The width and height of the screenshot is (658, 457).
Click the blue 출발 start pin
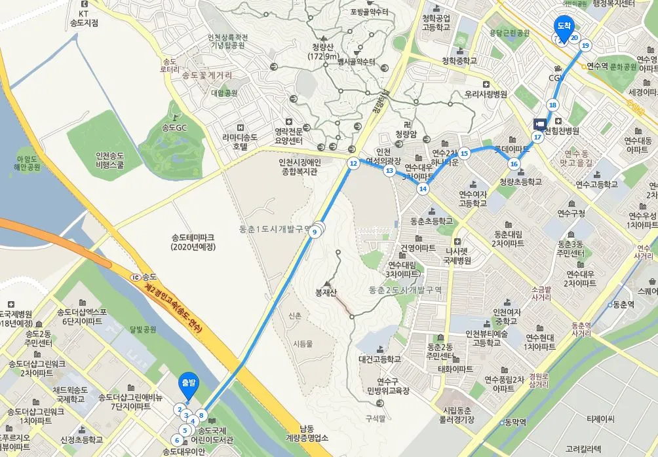[188, 384]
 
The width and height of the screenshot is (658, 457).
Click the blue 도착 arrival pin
[564, 27]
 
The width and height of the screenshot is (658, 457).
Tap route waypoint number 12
[353, 164]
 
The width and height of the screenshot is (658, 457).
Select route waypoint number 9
[315, 231]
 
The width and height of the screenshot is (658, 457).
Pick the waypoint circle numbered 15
[464, 153]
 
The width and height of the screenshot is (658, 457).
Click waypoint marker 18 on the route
[552, 105]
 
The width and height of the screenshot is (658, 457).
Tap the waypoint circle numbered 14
[423, 189]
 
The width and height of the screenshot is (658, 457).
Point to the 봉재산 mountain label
[326, 292]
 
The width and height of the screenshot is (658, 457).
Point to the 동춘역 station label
[623, 304]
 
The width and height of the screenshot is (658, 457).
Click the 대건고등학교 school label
[379, 359]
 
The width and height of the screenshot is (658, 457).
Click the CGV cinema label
[556, 78]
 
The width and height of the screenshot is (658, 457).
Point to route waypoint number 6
[177, 439]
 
